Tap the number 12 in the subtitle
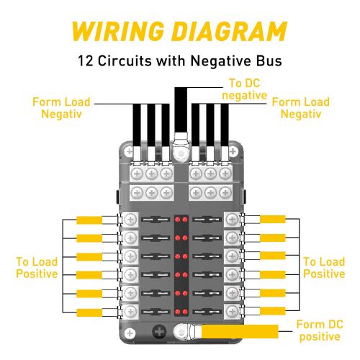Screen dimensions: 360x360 84,60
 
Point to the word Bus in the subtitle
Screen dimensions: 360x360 267,60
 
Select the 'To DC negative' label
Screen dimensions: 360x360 244,89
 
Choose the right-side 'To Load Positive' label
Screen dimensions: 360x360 323,268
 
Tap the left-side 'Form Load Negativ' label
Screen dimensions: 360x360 61,108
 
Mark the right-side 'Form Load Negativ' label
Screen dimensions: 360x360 300,108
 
